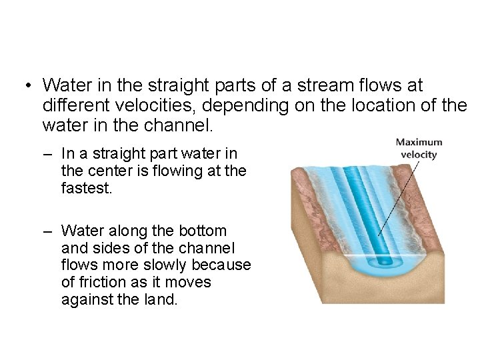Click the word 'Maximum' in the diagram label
[418, 143]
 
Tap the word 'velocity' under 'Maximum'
[418, 155]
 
